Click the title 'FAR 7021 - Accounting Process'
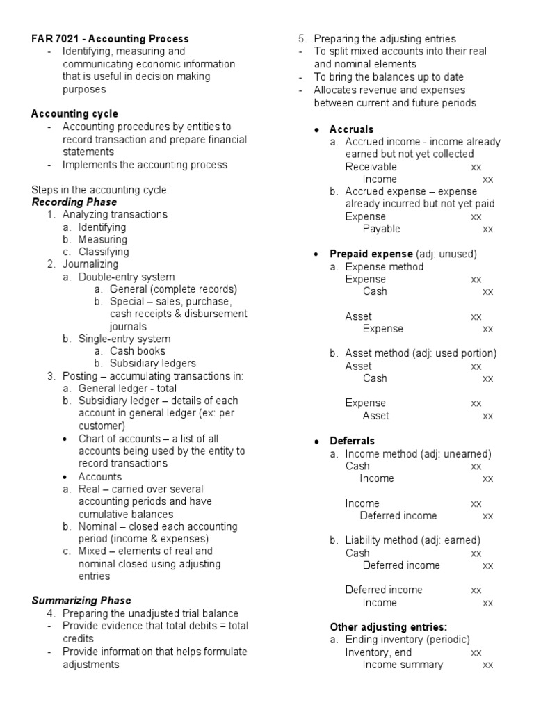tap(110, 39)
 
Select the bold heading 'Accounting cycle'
tap(74, 113)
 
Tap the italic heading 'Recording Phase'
tap(74, 202)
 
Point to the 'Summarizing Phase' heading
tap(81, 600)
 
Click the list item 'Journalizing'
tap(90, 264)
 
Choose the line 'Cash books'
tap(137, 351)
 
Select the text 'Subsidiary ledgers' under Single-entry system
tap(152, 363)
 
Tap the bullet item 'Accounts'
tap(99, 477)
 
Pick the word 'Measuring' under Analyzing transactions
tap(102, 240)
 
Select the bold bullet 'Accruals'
tap(352, 129)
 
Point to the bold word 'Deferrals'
tap(353, 441)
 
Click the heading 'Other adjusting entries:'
tap(388, 626)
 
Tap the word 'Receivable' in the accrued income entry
tap(371, 167)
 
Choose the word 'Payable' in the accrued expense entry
tap(381, 229)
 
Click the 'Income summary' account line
tap(402, 665)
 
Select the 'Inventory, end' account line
tap(378, 652)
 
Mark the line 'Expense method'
tap(384, 267)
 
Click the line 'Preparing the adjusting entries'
tap(385, 39)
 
